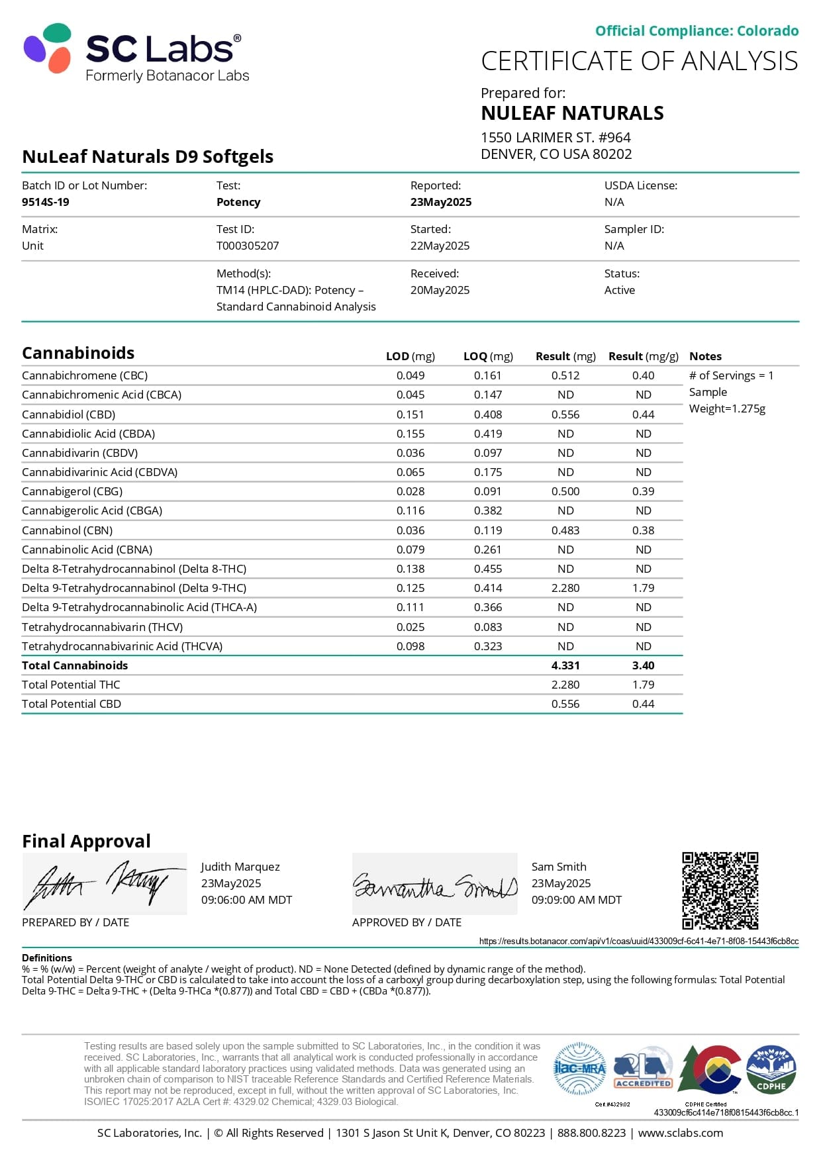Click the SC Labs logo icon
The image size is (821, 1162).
click(x=48, y=48)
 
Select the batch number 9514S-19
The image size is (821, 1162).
click(x=46, y=202)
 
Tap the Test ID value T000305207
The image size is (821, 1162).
click(x=248, y=246)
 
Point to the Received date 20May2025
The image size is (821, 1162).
click(x=440, y=290)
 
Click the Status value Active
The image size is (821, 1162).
click(x=619, y=290)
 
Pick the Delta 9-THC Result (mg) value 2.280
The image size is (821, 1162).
click(x=565, y=588)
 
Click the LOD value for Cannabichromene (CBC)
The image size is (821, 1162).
click(x=410, y=375)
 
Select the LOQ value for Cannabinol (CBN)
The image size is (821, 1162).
click(x=488, y=530)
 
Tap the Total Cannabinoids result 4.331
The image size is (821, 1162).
click(x=565, y=665)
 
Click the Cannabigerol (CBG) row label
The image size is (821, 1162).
click(x=72, y=491)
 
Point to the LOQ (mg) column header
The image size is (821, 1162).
click(x=488, y=356)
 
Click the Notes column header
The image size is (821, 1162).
click(x=705, y=356)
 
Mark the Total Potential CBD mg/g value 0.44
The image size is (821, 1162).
click(x=643, y=704)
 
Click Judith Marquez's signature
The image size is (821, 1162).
click(x=105, y=884)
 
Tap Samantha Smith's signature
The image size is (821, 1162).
click(x=434, y=884)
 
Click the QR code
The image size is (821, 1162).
click(x=720, y=891)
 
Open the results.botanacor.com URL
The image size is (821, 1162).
click(x=638, y=941)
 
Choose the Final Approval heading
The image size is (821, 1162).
click(x=86, y=841)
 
